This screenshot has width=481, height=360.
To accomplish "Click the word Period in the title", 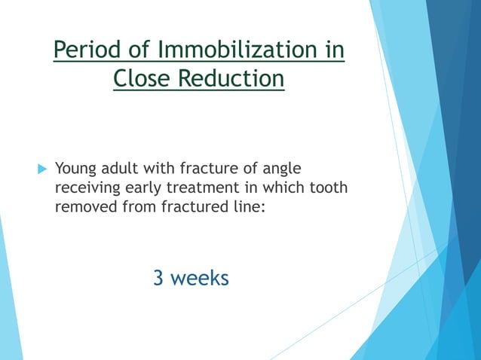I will tap(84, 51).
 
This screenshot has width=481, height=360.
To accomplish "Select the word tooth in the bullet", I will tap(329, 187).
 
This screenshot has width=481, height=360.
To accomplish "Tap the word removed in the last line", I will tap(84, 206).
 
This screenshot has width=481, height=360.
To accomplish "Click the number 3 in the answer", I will tap(158, 278).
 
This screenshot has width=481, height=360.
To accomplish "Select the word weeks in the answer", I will tap(199, 278).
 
